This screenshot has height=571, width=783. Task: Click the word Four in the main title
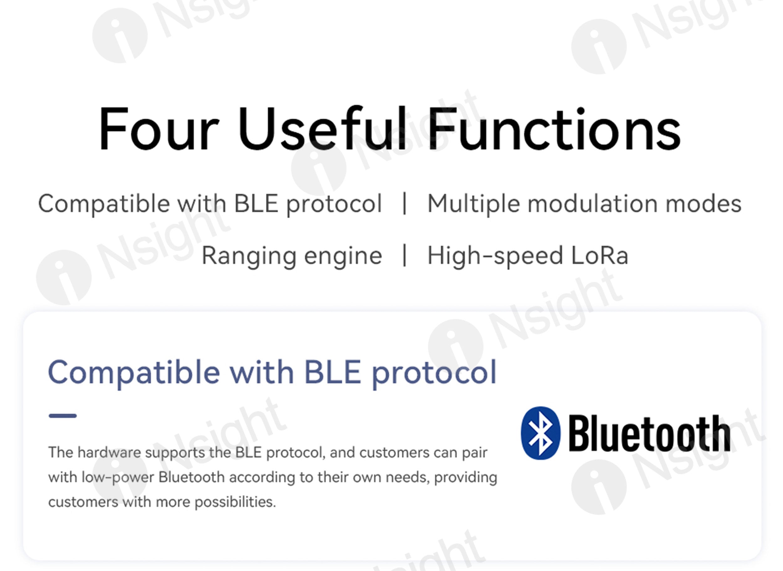(159, 129)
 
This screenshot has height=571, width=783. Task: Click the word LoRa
(599, 256)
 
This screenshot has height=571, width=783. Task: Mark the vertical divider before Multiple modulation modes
(405, 203)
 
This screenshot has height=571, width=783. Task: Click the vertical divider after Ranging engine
(405, 255)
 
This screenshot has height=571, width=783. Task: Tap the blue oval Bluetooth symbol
(541, 433)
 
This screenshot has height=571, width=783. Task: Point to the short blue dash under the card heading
(63, 416)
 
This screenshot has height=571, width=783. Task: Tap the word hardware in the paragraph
(109, 452)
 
